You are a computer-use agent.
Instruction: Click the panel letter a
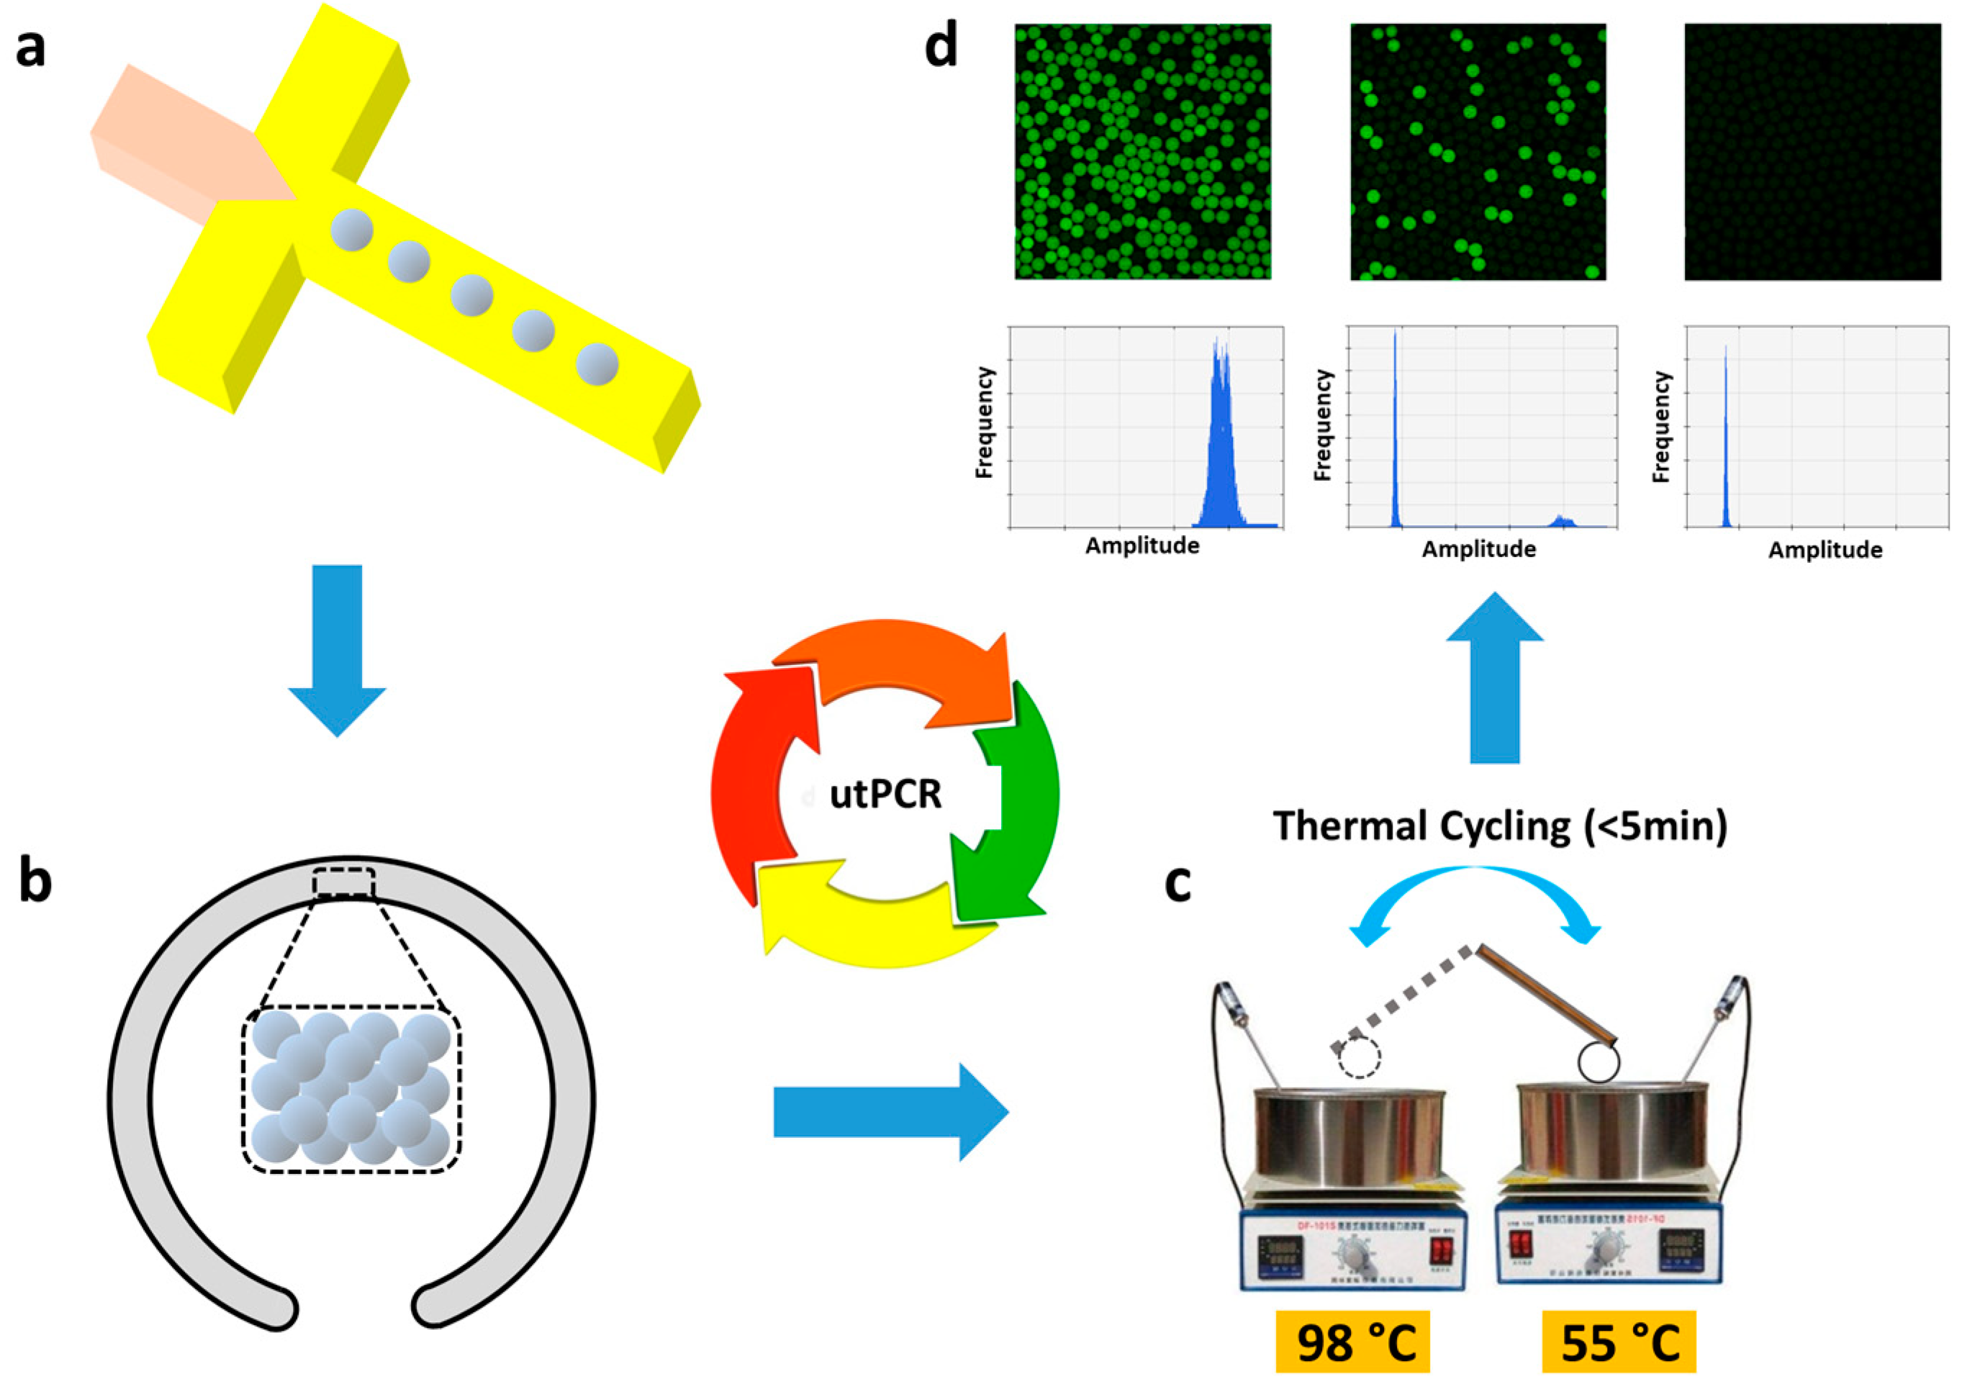pos(31,48)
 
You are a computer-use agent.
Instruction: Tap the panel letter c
pos(1177,883)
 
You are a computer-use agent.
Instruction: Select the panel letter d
pos(941,47)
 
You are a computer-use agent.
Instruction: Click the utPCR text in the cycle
pos(885,795)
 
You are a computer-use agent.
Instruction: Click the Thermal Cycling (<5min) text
pos(1500,826)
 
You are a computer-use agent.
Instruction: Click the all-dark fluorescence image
pos(1812,151)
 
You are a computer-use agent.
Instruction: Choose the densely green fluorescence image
pos(1142,151)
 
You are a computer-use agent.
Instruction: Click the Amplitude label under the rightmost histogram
pos(1825,551)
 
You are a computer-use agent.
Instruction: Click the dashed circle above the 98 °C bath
pos(1359,1057)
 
